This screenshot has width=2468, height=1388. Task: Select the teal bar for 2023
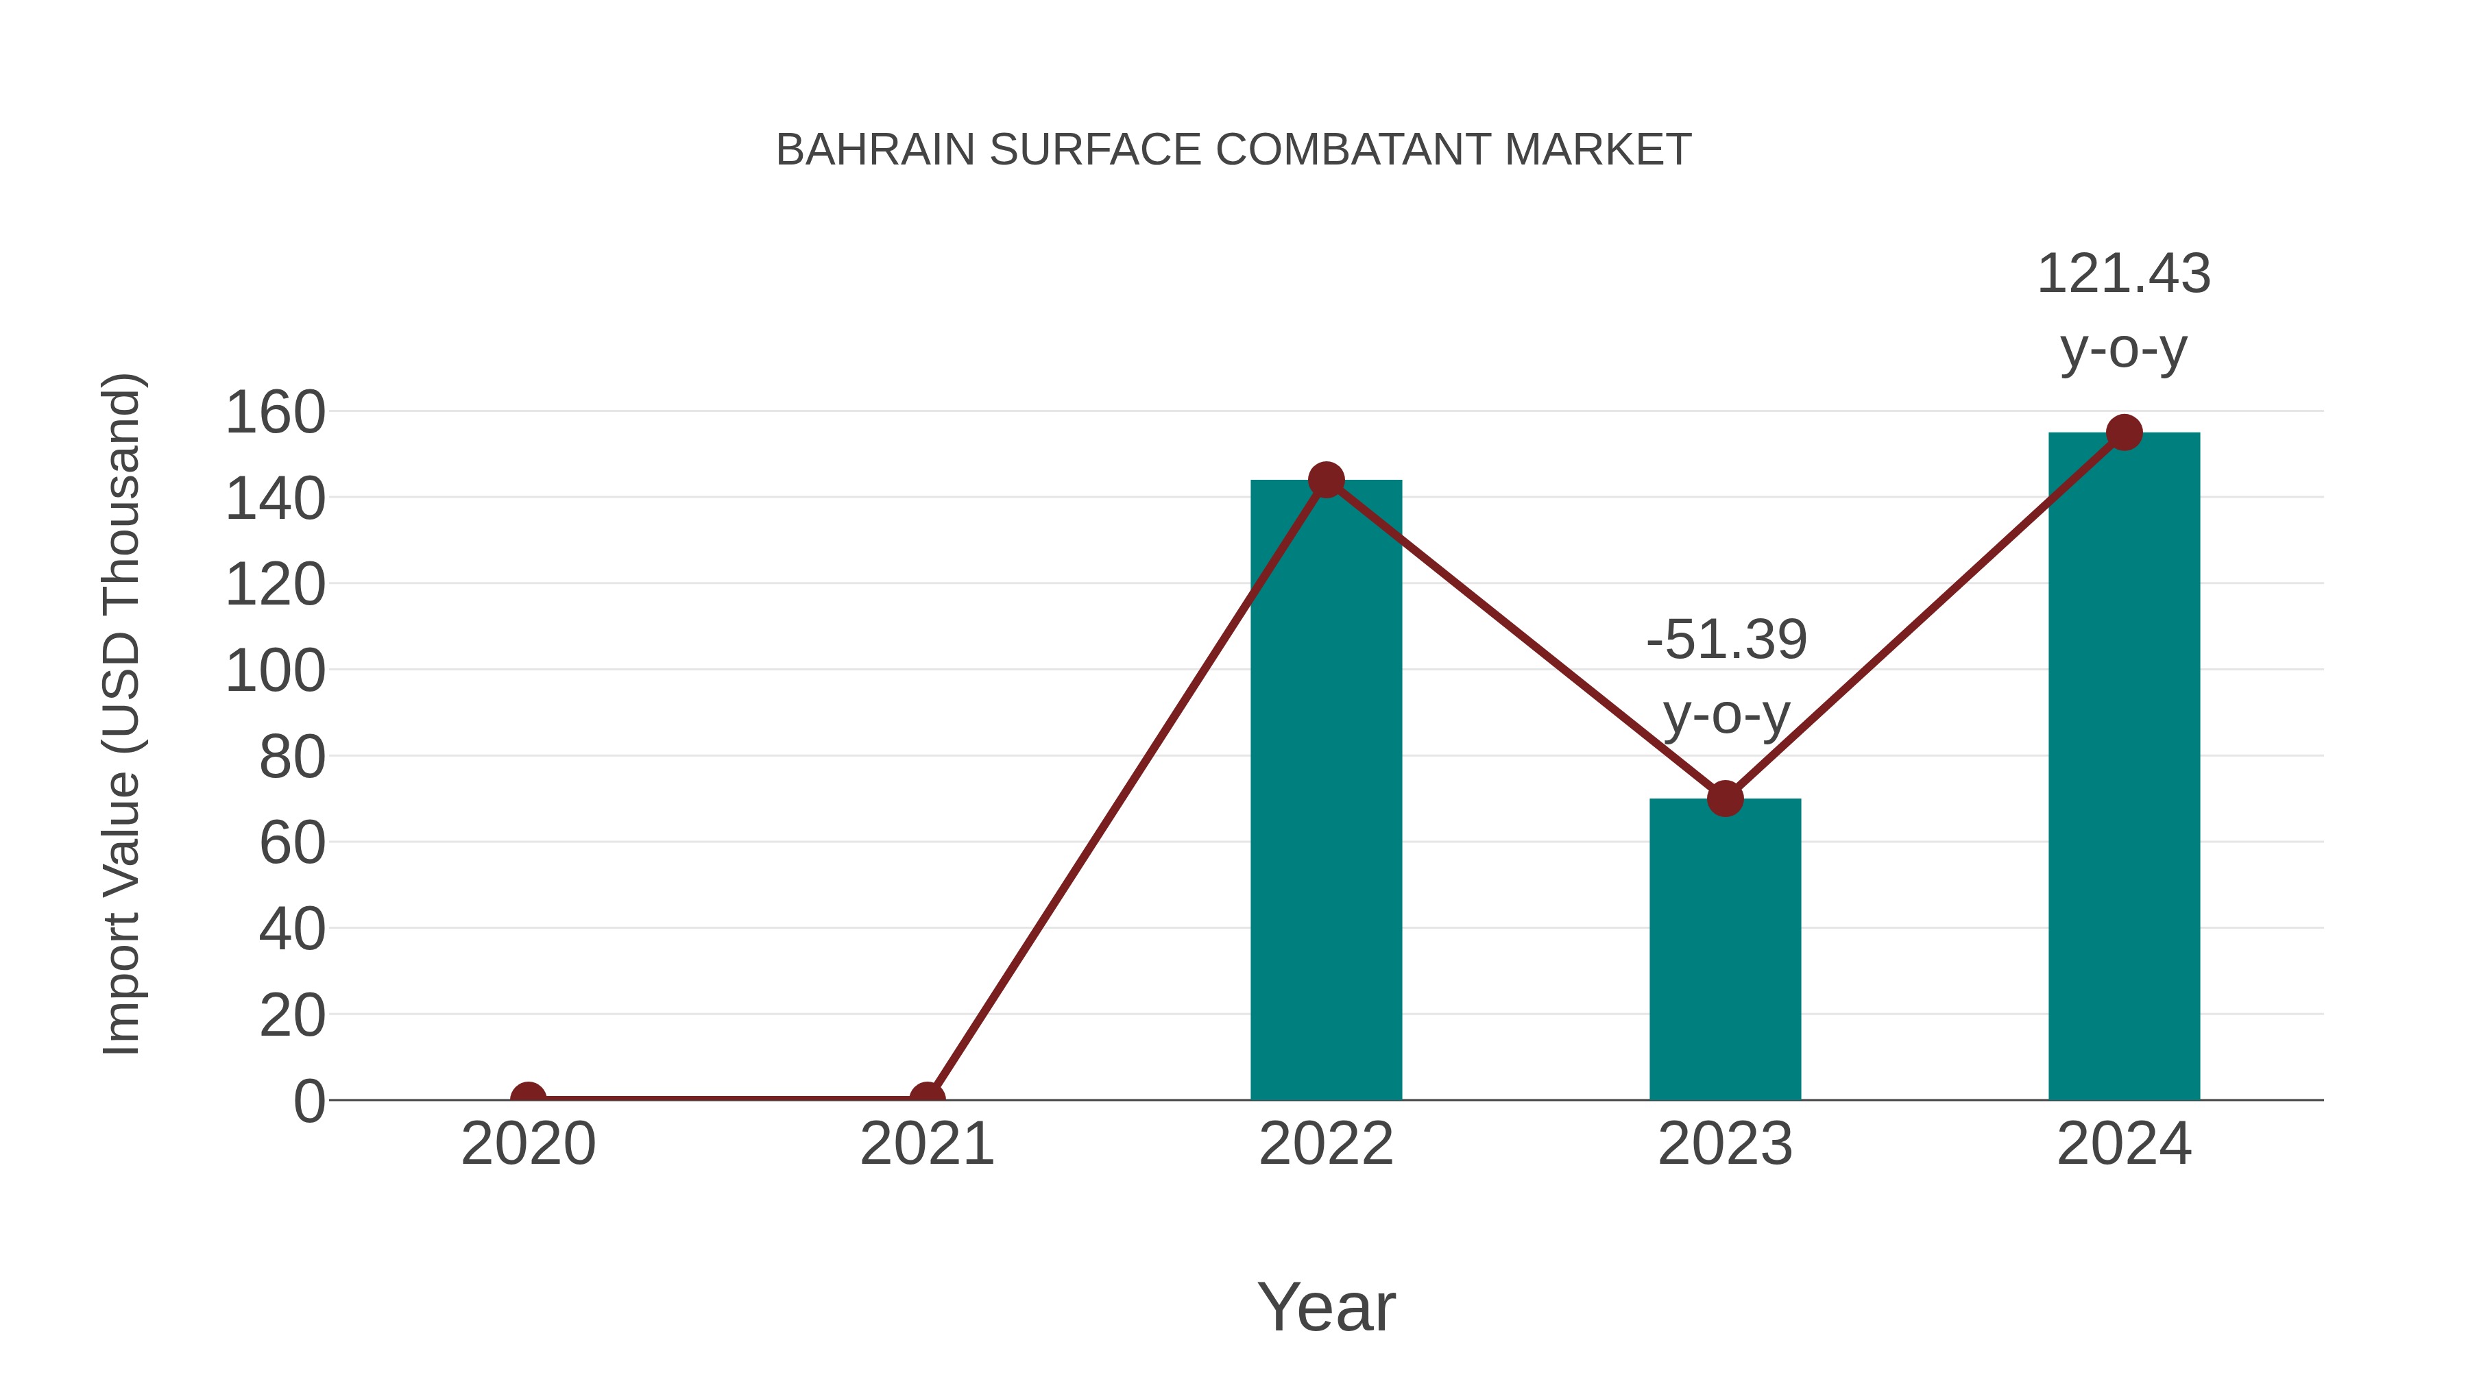coord(1725,949)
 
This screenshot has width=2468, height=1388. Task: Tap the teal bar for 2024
coord(2124,766)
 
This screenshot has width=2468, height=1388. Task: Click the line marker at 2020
coord(528,1098)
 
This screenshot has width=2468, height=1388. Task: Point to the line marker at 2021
coord(926,1098)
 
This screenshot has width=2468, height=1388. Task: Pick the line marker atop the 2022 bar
coord(1326,480)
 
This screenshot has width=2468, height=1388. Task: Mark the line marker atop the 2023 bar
coord(1725,798)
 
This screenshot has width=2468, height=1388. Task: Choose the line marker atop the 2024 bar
coord(2124,433)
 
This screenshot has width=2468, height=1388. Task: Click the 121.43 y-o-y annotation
coord(2123,311)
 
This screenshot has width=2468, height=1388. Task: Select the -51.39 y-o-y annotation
coord(1726,677)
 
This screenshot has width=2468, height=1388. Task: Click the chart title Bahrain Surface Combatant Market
coord(1233,150)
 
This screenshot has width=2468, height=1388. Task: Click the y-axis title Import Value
coord(123,714)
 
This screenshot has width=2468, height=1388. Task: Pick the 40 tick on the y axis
coord(291,929)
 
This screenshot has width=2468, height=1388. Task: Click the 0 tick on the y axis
coord(308,1101)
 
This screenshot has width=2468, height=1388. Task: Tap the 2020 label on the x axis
coord(528,1144)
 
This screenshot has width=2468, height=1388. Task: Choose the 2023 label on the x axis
coord(1725,1144)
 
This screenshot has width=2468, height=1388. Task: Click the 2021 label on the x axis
coord(926,1144)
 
